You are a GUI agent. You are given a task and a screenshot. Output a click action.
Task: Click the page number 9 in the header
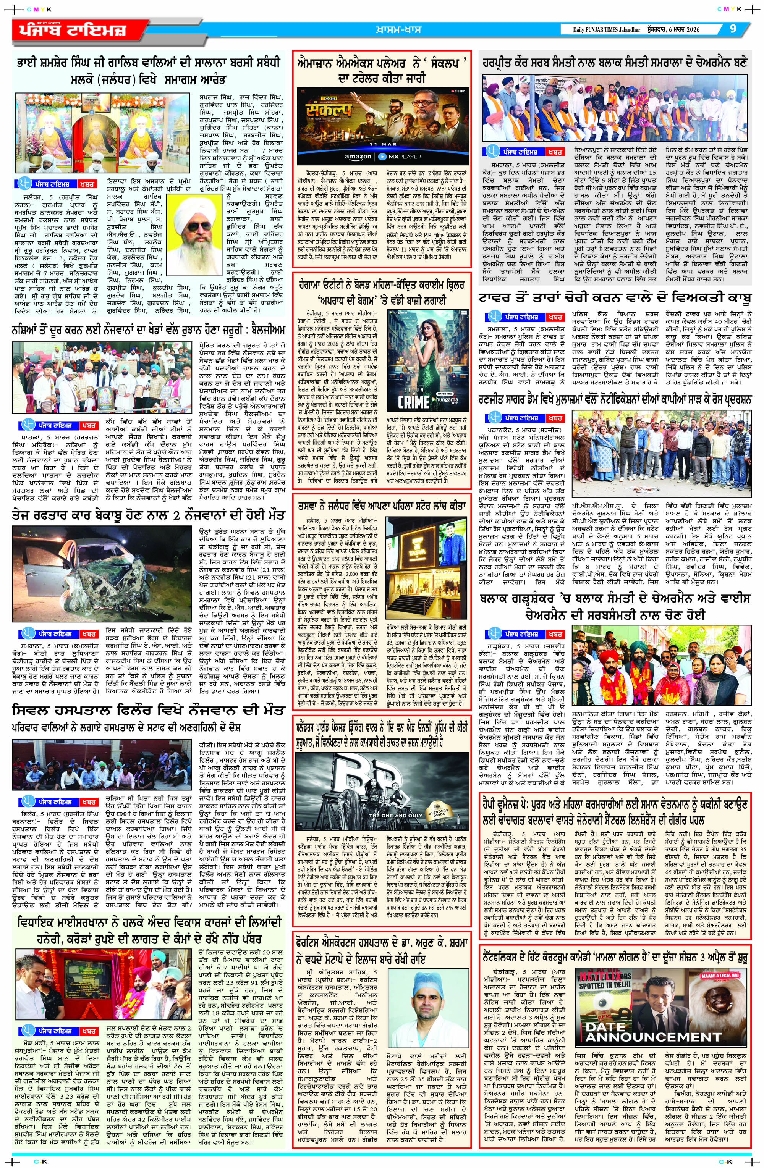[733, 29]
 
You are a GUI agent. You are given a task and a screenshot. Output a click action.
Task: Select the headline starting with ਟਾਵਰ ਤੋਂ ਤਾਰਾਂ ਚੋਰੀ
[614, 297]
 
